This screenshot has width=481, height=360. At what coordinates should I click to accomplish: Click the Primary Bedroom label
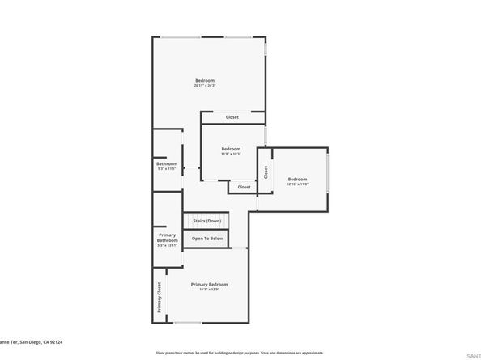pos(209,284)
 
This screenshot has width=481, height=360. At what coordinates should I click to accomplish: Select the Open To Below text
pos(206,239)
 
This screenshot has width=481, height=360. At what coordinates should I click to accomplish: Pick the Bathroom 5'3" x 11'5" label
pos(167,166)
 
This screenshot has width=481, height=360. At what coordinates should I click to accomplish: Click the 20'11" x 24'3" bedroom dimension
pos(205,86)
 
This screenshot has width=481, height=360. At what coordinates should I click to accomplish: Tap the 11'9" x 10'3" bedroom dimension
pos(231,155)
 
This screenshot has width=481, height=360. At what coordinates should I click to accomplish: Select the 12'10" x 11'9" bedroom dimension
pos(297,184)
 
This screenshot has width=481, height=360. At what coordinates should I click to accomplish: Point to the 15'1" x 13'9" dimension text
pos(209,289)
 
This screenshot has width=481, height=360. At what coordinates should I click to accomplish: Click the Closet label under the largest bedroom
pos(232,117)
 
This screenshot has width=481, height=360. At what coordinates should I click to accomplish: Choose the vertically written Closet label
pos(266,172)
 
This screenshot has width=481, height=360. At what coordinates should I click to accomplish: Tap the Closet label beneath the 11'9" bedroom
pos(244,187)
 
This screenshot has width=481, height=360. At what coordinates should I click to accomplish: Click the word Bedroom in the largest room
pos(205,80)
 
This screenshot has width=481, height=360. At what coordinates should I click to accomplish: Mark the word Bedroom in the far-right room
pos(297,179)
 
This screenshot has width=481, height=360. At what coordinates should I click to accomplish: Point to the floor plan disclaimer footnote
pos(240,353)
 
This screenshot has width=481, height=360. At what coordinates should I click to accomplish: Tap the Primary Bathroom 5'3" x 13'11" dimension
pos(167,244)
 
